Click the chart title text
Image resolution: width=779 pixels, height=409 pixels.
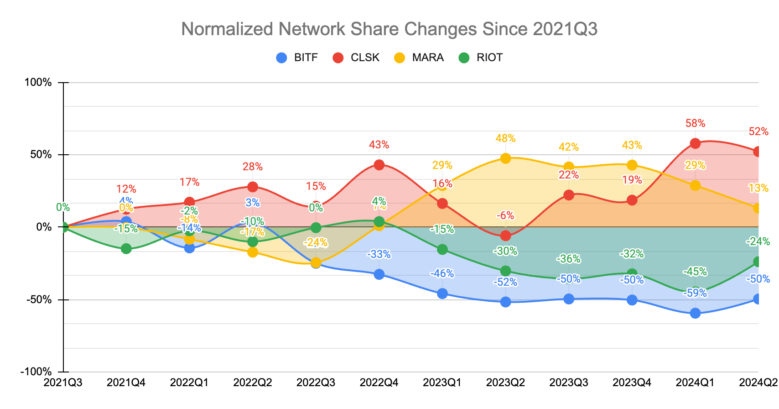pos(389,29)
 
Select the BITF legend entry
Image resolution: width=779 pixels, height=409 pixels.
pos(297,58)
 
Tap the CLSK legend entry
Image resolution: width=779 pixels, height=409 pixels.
pos(356,58)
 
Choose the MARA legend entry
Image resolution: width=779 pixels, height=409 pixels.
pos(419,58)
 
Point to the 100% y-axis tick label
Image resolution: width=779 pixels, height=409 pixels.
pos(38,83)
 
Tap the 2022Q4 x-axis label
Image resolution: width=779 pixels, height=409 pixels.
pos(379,383)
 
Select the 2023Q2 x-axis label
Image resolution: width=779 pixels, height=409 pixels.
pos(505,383)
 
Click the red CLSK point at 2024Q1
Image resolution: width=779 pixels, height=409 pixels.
pos(695,143)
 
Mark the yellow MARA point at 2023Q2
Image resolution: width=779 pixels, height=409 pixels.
pos(505,158)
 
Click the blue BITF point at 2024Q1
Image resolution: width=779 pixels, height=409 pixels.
pos(695,313)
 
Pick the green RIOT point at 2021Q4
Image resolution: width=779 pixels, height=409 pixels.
pos(126,249)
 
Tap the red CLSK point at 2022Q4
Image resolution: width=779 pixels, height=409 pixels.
pos(379,165)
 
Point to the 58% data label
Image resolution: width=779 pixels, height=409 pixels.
pos(695,123)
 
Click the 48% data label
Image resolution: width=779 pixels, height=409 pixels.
pos(505,138)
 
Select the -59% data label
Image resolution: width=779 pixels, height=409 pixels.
pos(695,293)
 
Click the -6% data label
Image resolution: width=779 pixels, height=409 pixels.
pos(505,215)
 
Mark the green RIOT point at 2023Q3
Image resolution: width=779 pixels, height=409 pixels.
pos(569,279)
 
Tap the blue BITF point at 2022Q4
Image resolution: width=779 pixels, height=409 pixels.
pos(379,274)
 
